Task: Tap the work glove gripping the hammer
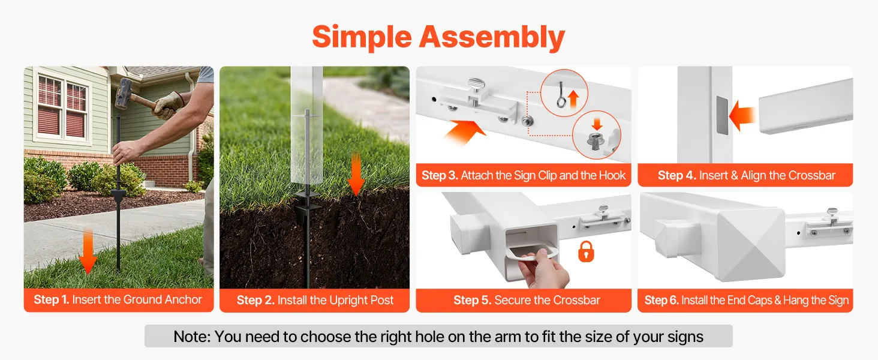pyautogui.click(x=169, y=105)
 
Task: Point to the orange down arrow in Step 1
pyautogui.click(x=88, y=251)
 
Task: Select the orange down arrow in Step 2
pyautogui.click(x=356, y=175)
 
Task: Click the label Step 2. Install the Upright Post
pyautogui.click(x=315, y=301)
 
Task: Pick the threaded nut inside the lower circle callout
pyautogui.click(x=595, y=141)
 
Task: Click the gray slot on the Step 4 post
pyautogui.click(x=722, y=115)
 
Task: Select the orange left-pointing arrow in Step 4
pyautogui.click(x=742, y=116)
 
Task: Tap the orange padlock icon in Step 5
pyautogui.click(x=586, y=252)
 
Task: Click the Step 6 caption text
pyautogui.click(x=746, y=301)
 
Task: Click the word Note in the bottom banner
pyautogui.click(x=192, y=337)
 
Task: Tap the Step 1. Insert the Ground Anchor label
pyautogui.click(x=118, y=299)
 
